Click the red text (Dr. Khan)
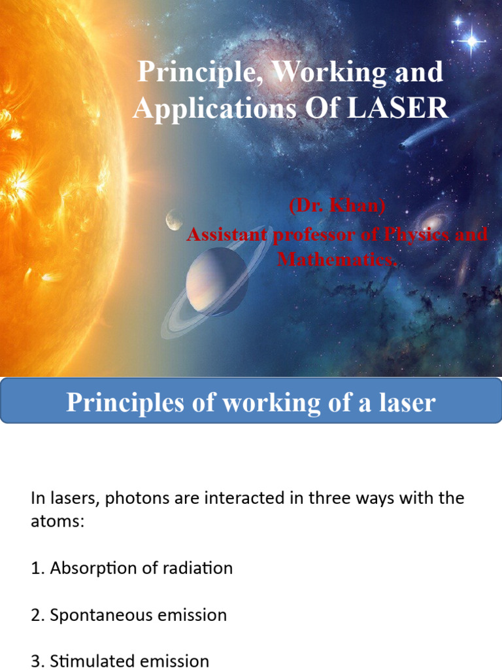click(x=337, y=207)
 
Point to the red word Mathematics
click(x=337, y=259)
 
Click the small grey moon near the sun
click(x=174, y=219)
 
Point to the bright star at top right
click(x=471, y=41)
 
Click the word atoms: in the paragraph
click(x=58, y=523)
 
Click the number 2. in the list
click(x=37, y=615)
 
